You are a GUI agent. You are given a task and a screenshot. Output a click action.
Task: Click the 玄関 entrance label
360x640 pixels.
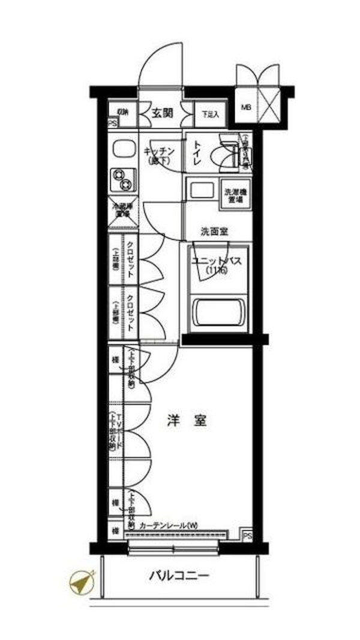[x=162, y=112]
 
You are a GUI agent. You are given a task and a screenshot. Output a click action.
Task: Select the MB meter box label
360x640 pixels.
[x=246, y=108]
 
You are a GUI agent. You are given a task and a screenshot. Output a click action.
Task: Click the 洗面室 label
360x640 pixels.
[x=214, y=231]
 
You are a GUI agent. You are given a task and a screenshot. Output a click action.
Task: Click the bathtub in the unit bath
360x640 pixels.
[x=217, y=312]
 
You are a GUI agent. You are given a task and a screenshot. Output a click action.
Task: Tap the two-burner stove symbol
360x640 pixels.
[x=123, y=178]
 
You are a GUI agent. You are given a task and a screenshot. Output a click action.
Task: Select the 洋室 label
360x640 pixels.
[x=187, y=421]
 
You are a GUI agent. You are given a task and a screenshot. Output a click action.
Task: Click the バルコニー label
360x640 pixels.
[x=178, y=577]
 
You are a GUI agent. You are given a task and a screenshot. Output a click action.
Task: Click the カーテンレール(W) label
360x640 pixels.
[x=168, y=526]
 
